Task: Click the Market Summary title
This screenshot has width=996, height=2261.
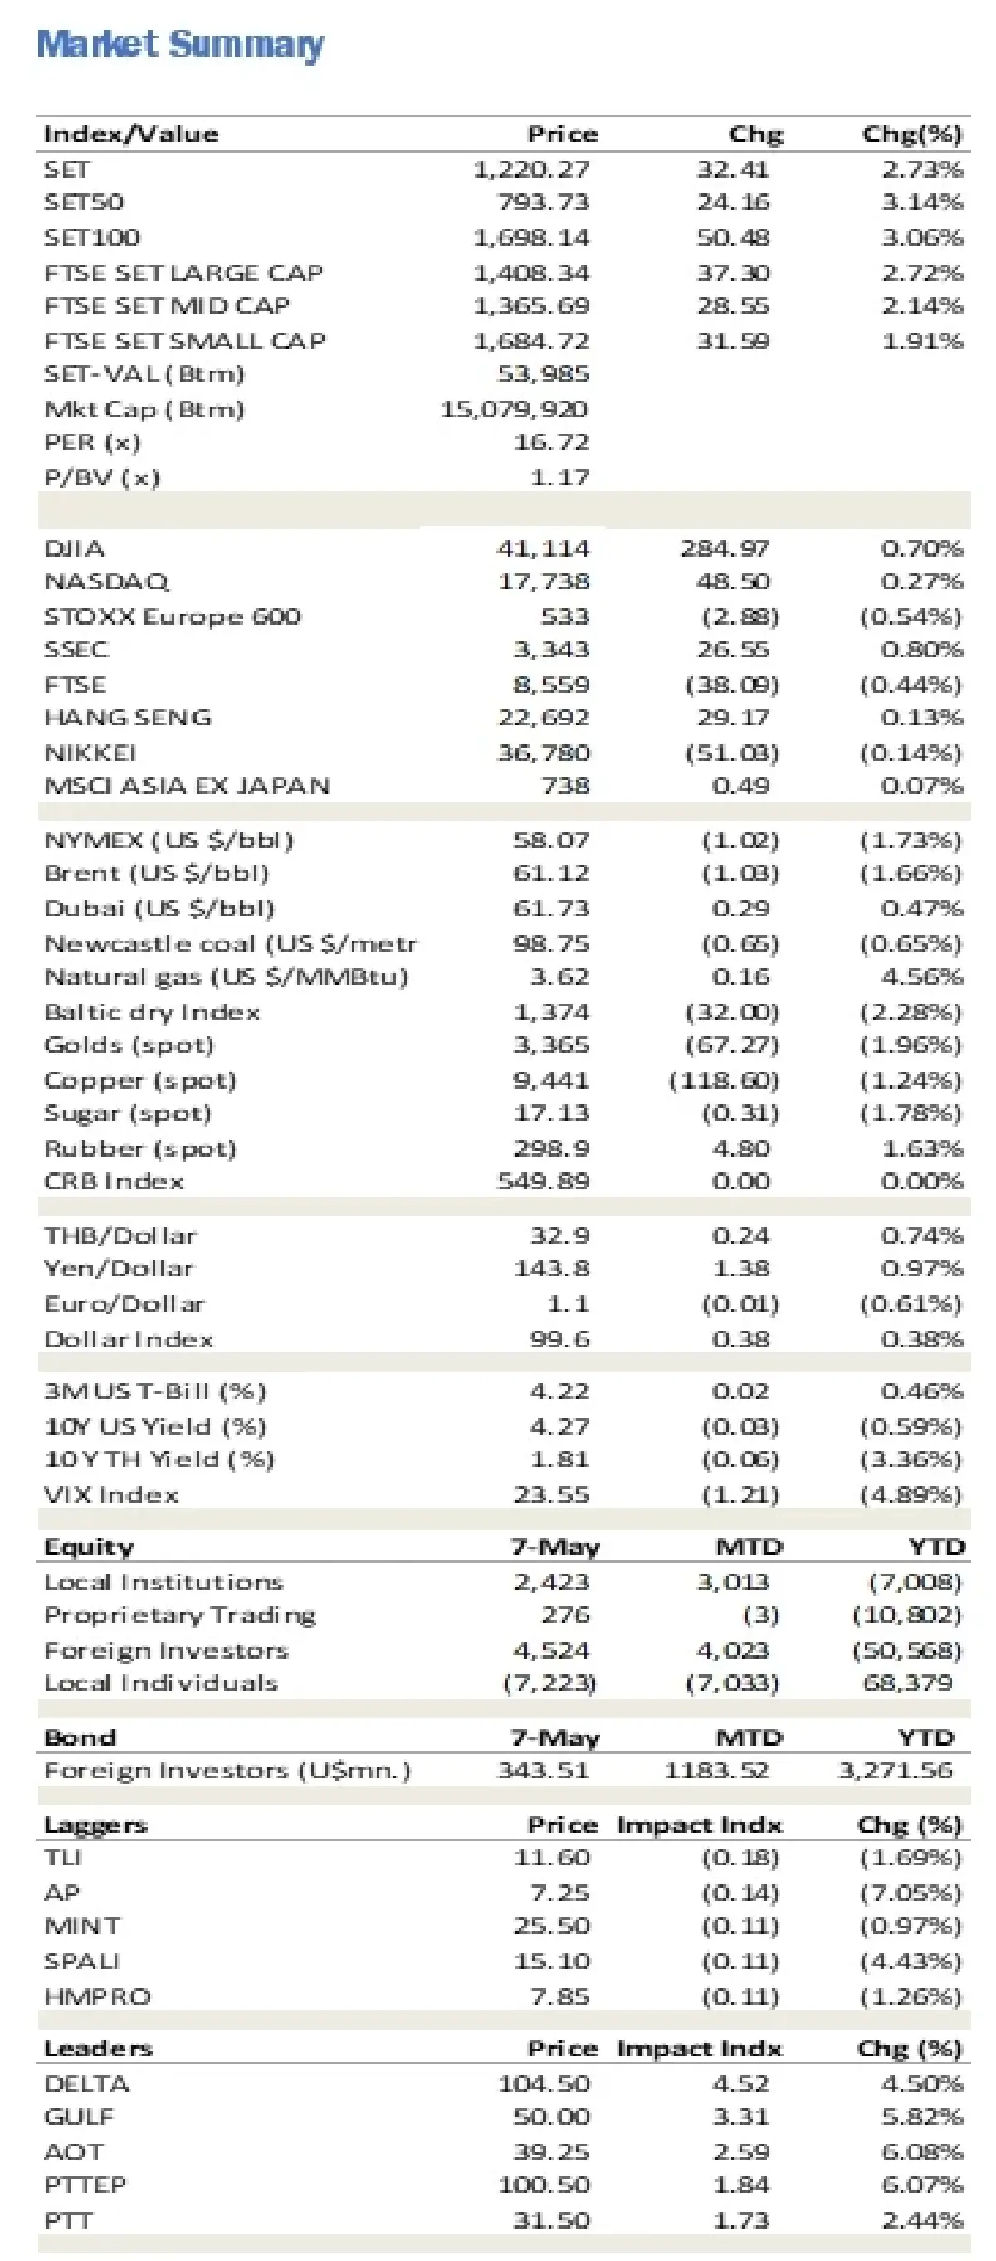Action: [180, 44]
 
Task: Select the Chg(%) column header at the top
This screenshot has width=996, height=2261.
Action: [911, 134]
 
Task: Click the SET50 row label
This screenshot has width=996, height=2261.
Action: [85, 202]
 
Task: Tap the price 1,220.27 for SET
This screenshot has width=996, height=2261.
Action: [530, 168]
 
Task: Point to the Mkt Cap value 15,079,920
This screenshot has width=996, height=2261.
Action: [514, 409]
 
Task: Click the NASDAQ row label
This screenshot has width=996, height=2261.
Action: [106, 581]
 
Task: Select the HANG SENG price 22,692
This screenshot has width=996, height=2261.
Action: [544, 717]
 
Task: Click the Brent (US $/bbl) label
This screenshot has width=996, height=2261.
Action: [156, 872]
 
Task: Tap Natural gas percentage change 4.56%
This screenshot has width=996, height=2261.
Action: [922, 976]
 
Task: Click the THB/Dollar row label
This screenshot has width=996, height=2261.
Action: [120, 1235]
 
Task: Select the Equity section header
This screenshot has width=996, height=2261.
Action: [89, 1547]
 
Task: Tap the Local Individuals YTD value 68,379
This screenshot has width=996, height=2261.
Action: [908, 1683]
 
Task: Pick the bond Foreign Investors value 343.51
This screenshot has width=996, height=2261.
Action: [543, 1770]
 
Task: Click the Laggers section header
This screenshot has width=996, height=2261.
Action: [95, 1825]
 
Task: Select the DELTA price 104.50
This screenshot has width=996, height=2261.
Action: [544, 2083]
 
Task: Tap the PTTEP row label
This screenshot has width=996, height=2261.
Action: [85, 2185]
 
